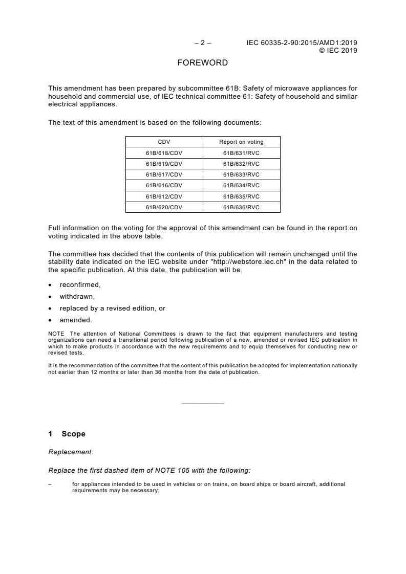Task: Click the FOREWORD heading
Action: [203, 63]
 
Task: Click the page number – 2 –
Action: [203, 43]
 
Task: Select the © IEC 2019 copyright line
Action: [338, 50]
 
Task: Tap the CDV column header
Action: [164, 142]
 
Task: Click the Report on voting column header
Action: [241, 142]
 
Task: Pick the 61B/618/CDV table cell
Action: [164, 153]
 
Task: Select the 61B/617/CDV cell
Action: [164, 174]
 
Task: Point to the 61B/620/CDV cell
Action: [164, 207]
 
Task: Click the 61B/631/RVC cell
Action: [241, 153]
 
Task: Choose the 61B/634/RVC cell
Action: [241, 185]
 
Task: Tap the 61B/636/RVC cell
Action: [241, 207]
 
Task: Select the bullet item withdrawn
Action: [77, 296]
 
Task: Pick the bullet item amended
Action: [76, 320]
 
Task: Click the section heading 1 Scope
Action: [67, 434]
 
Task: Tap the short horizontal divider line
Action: [203, 404]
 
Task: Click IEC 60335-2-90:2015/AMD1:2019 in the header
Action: [302, 43]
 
